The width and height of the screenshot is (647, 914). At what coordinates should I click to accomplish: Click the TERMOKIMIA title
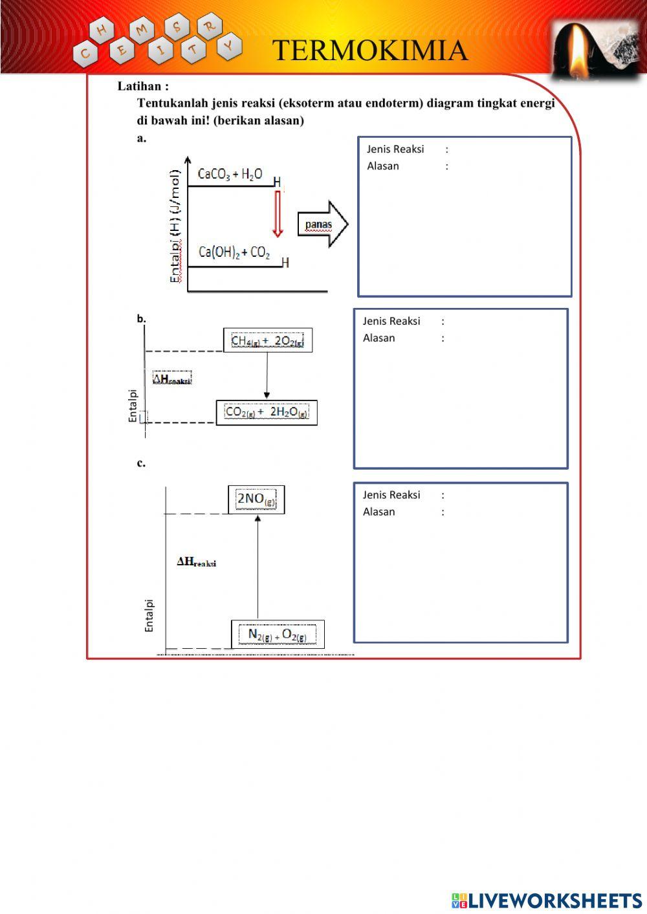coord(369,50)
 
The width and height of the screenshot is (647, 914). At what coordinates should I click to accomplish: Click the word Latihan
coord(143,86)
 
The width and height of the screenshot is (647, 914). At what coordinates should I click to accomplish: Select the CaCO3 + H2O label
coord(230,174)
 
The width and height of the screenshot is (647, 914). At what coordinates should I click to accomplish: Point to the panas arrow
coord(322,224)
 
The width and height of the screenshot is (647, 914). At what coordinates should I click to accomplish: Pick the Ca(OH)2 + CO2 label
coord(234,252)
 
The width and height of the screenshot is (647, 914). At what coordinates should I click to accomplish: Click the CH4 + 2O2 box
coord(268,340)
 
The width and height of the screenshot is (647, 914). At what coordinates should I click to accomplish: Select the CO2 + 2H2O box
coord(267,412)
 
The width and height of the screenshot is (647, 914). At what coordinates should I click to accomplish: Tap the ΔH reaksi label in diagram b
coord(172,379)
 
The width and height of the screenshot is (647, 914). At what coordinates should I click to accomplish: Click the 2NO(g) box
coord(256,499)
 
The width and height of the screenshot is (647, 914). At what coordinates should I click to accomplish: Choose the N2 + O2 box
coord(278,635)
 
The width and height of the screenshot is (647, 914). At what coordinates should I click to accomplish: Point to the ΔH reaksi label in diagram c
coord(197,562)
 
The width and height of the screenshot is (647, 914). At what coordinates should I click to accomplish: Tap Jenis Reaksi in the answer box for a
coord(395,149)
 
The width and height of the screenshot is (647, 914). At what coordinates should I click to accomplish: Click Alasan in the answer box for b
coord(378,338)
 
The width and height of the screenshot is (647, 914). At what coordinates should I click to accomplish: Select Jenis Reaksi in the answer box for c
coord(391,495)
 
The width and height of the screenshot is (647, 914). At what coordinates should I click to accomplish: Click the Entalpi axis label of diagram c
coord(149,615)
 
